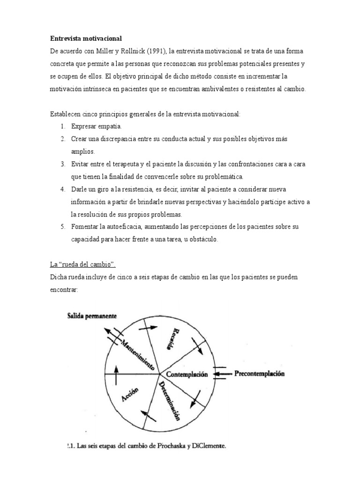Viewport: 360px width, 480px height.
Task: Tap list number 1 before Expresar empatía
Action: (62, 127)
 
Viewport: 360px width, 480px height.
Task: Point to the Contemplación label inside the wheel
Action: (187, 375)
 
